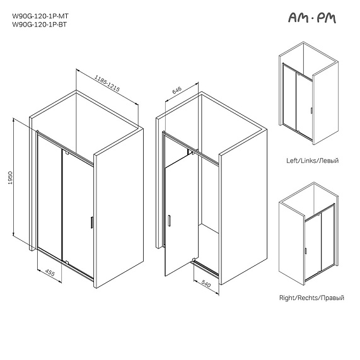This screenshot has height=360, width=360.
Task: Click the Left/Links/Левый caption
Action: [312, 161]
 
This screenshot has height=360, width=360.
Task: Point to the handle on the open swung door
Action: [169, 220]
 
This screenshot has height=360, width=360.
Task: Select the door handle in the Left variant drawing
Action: [311, 111]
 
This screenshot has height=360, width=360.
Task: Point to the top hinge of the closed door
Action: [66, 153]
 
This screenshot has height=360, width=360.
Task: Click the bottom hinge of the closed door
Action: [66, 261]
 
